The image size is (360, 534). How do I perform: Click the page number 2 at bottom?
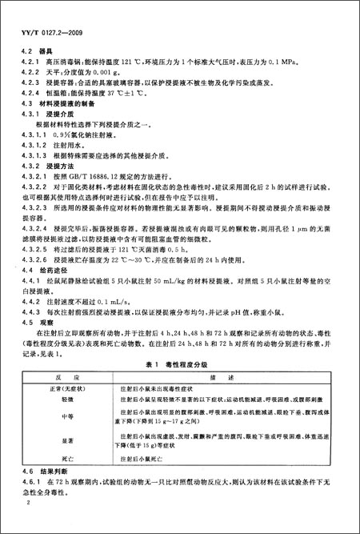(x=27, y=525)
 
